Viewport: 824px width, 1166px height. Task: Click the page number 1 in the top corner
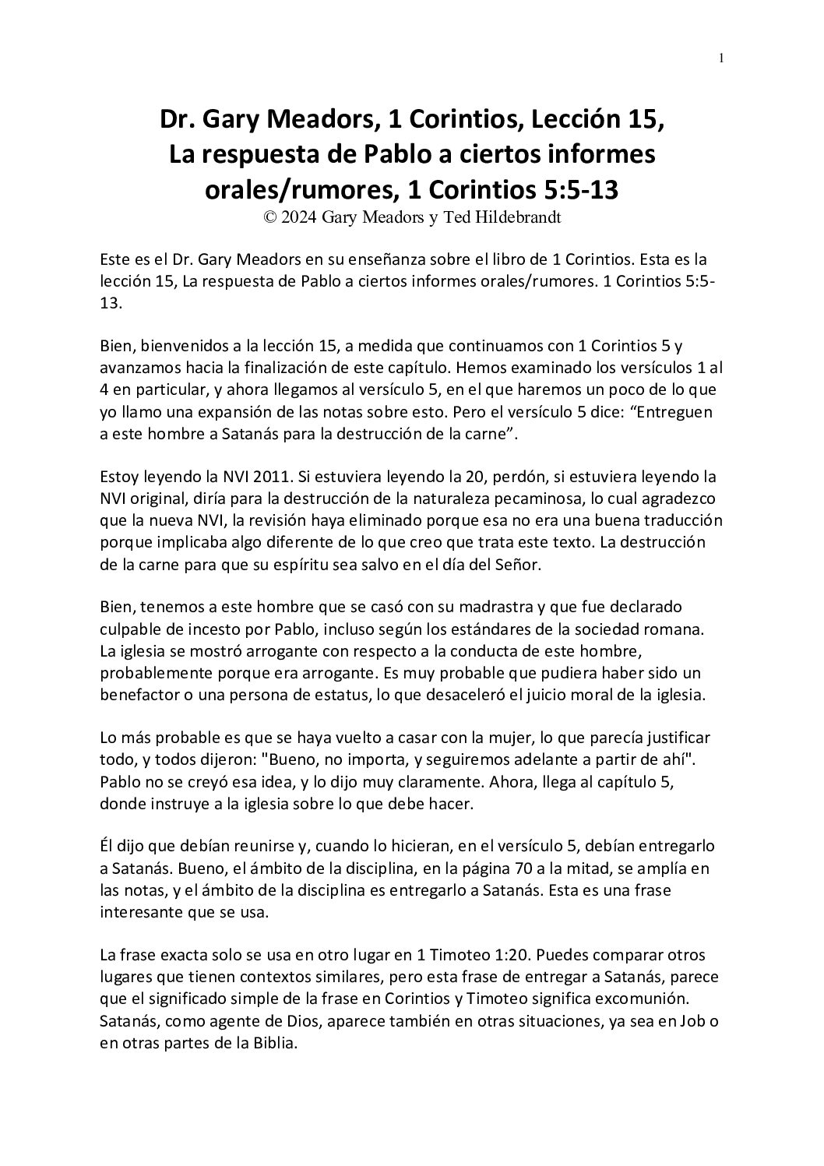[722, 58]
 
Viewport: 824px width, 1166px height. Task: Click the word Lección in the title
[553, 120]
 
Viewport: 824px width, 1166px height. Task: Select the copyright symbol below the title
[269, 218]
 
